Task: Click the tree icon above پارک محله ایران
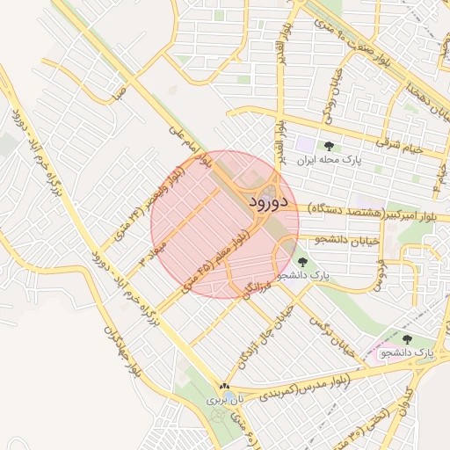pyautogui.click(x=329, y=146)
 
